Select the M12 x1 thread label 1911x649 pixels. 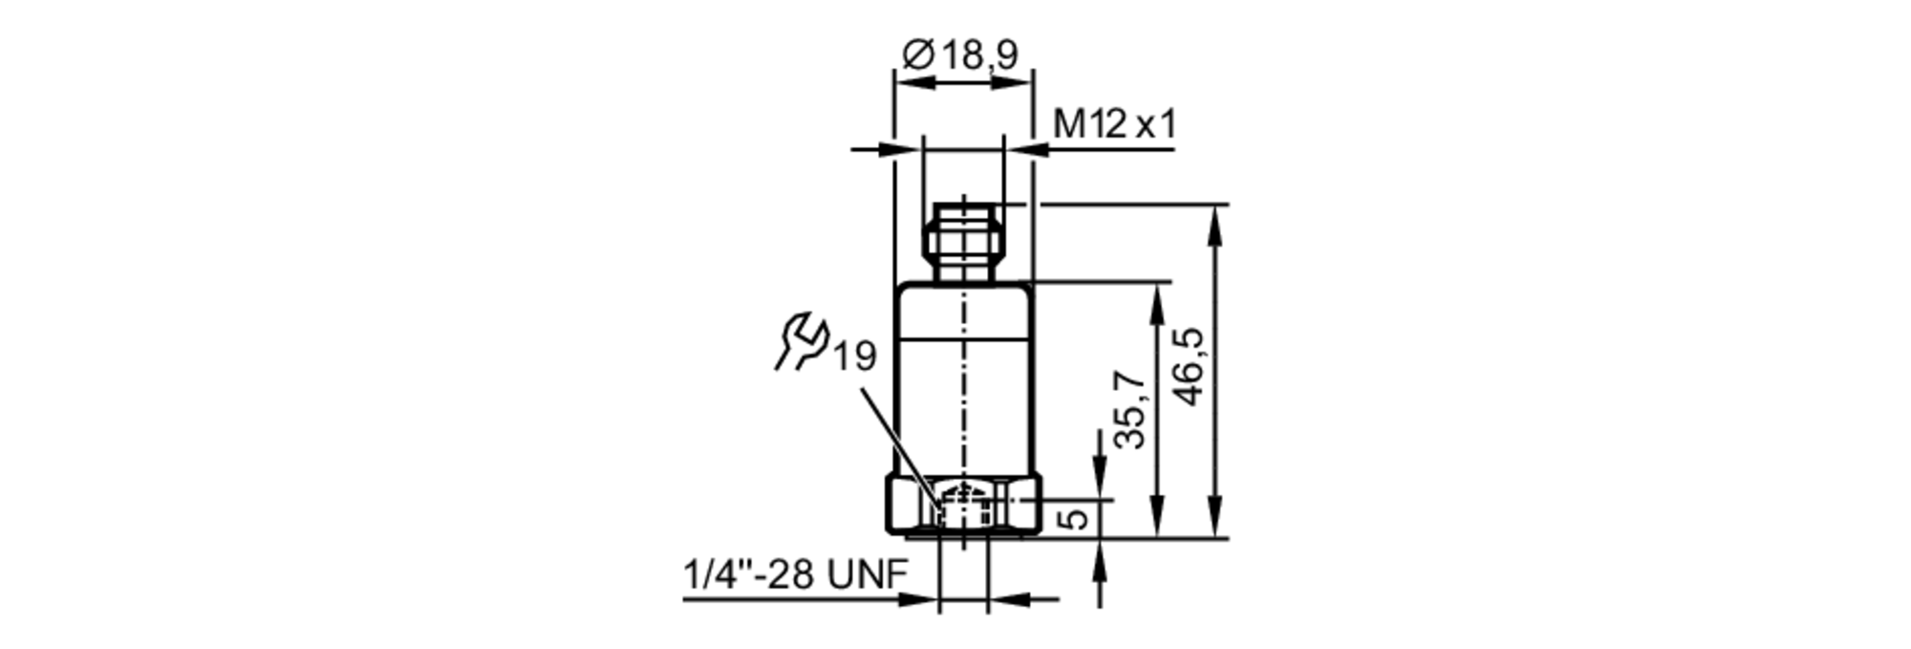[x=1114, y=124]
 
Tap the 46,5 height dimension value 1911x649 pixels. [x=1191, y=366]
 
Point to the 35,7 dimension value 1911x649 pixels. [x=1132, y=409]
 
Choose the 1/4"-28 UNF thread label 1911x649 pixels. [x=795, y=575]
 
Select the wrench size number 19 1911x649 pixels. [x=854, y=357]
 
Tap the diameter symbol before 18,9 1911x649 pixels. [x=917, y=55]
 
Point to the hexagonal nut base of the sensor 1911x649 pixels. [x=963, y=508]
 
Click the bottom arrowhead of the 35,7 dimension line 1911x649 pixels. [x=1158, y=526]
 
